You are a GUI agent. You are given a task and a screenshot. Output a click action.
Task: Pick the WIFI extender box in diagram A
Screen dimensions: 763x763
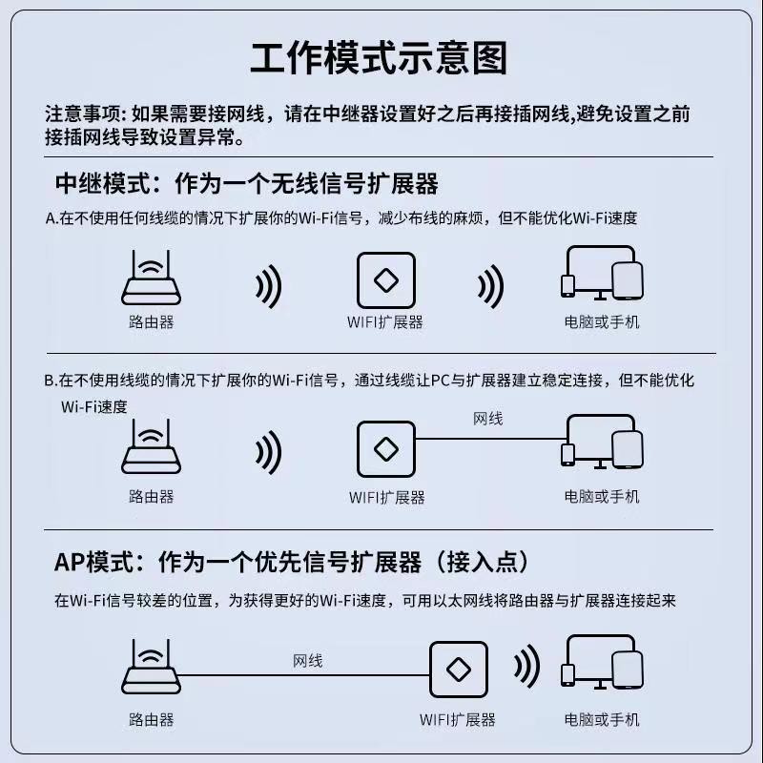(x=385, y=280)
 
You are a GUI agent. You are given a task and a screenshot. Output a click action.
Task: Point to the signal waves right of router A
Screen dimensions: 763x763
(x=269, y=284)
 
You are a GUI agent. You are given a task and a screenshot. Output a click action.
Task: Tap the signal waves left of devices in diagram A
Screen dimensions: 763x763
(x=490, y=284)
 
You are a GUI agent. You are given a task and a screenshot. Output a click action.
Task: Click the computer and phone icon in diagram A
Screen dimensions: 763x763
(x=599, y=274)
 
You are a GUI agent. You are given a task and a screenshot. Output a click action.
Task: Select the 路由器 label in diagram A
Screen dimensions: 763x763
(x=151, y=322)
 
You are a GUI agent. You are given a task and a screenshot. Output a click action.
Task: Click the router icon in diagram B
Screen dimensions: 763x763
(x=151, y=448)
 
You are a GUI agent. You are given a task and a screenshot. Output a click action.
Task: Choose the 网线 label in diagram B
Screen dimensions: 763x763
(x=488, y=419)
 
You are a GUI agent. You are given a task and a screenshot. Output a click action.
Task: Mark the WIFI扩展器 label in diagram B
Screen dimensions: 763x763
(x=386, y=497)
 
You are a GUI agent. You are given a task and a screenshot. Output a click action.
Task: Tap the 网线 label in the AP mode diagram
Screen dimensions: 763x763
(x=306, y=660)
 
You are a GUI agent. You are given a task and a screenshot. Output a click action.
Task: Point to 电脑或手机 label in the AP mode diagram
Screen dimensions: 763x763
(x=602, y=719)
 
